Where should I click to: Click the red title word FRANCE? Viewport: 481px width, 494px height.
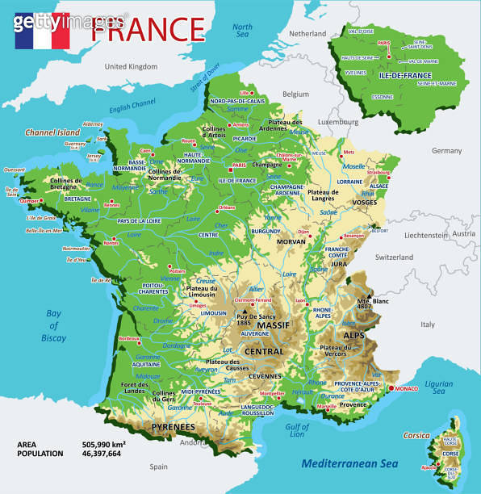point(148,29)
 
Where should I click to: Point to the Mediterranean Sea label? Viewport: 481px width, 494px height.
point(350,463)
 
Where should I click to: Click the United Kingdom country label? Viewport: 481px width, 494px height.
point(130,66)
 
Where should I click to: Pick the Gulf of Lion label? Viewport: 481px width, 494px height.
point(298,430)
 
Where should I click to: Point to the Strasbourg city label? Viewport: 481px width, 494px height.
point(378,172)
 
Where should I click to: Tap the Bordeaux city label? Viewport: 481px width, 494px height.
point(130,338)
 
